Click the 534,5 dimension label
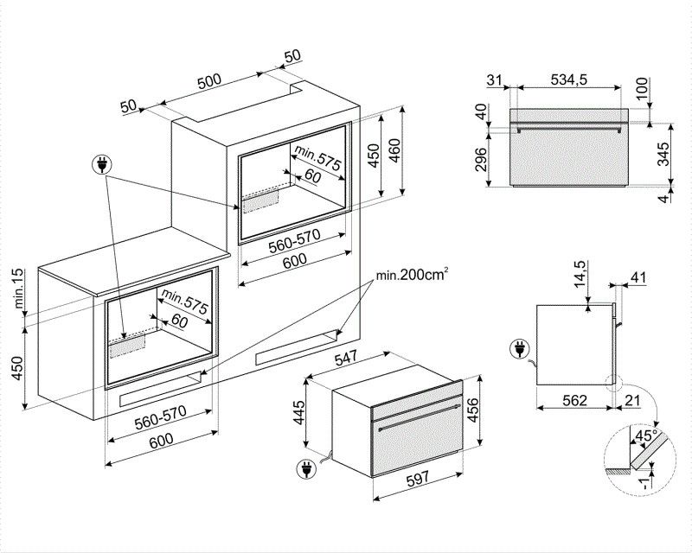(x=569, y=79)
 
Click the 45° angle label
(x=645, y=435)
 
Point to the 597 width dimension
(x=417, y=479)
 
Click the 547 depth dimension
(x=345, y=359)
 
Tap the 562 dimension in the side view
(x=575, y=400)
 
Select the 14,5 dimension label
(x=580, y=274)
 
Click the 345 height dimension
(x=663, y=154)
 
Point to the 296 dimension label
(x=480, y=159)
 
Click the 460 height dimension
(x=394, y=150)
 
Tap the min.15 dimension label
(x=18, y=289)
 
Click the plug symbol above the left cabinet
(x=102, y=164)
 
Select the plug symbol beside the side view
(x=520, y=349)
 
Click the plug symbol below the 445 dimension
(x=305, y=469)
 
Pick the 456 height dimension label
(x=471, y=410)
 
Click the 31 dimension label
(x=494, y=80)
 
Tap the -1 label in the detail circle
(x=645, y=483)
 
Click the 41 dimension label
(x=638, y=278)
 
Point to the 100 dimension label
(x=642, y=89)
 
